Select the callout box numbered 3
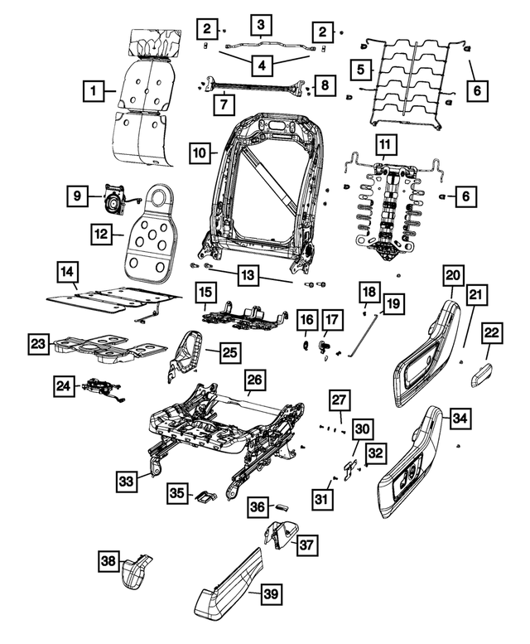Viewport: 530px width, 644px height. point(261,24)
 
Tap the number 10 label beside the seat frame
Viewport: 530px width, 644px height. point(199,153)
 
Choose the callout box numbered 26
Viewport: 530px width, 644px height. point(255,380)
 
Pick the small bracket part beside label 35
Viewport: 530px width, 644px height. point(205,497)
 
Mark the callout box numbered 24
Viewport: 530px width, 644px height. point(63,385)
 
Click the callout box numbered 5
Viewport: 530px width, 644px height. point(361,70)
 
